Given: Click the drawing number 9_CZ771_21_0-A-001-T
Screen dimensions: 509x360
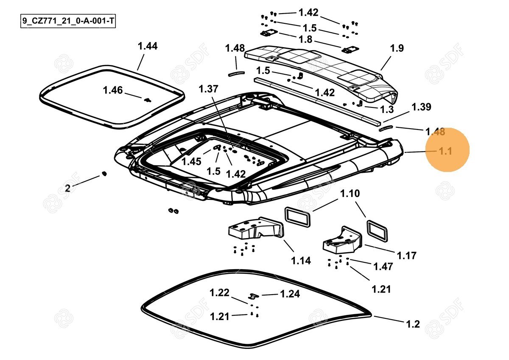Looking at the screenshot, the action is (68, 21).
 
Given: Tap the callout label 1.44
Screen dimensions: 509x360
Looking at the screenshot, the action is (148, 46).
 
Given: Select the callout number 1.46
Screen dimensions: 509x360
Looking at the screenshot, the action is (113, 90).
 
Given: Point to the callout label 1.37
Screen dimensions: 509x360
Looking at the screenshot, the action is (208, 89).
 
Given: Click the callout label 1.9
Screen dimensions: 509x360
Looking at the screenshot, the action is (397, 48).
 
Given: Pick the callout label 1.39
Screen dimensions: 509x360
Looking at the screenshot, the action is (421, 107).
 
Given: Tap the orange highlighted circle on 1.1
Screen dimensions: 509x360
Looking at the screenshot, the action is (447, 149).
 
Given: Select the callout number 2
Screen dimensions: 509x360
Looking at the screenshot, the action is (67, 188).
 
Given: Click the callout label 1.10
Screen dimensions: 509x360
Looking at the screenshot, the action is (350, 194).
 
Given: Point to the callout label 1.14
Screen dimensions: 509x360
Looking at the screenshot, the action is (301, 261).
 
